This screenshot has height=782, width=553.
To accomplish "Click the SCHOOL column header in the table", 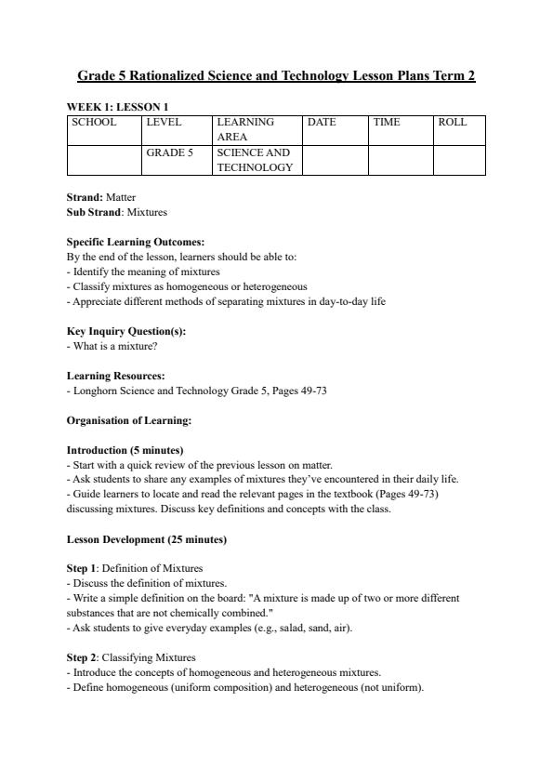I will click(94, 122).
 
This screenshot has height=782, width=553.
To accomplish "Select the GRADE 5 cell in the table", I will click(169, 152).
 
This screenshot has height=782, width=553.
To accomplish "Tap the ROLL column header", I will click(453, 122).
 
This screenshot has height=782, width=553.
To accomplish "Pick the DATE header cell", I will click(322, 122).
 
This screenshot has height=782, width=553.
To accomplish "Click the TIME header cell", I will click(387, 122).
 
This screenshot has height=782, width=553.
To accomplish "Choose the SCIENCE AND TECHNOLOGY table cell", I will click(255, 160).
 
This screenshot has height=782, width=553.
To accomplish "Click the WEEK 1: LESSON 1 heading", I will click(117, 107).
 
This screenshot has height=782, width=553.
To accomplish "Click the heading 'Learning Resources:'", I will click(116, 376).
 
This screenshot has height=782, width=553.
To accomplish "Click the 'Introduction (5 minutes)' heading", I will click(125, 450).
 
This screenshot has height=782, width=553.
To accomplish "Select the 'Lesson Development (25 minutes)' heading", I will click(147, 539).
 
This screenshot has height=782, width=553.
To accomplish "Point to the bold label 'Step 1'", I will click(81, 568).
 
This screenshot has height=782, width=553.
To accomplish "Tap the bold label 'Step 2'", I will click(81, 657).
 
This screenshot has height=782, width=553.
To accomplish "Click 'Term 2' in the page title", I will click(454, 75).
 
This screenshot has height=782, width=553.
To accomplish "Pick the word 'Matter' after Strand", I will click(121, 197).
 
